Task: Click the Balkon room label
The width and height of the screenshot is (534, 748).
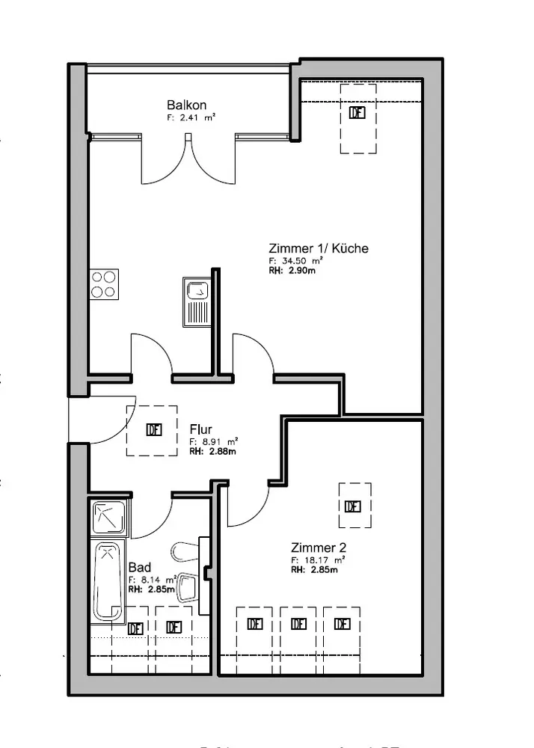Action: [186, 105]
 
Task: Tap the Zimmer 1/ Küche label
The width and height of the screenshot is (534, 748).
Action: [318, 248]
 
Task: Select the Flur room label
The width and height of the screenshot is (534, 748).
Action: [200, 429]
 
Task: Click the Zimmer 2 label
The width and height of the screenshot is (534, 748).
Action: [318, 547]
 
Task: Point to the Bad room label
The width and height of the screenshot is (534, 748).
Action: [139, 568]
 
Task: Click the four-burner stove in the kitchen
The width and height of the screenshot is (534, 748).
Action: [104, 283]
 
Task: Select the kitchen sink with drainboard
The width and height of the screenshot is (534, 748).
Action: [197, 300]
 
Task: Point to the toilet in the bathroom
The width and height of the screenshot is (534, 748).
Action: [185, 552]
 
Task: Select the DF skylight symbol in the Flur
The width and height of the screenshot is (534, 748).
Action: [153, 429]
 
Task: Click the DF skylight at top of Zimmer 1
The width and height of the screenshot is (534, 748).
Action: [357, 113]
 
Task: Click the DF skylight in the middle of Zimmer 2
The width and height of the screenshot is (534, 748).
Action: [353, 506]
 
